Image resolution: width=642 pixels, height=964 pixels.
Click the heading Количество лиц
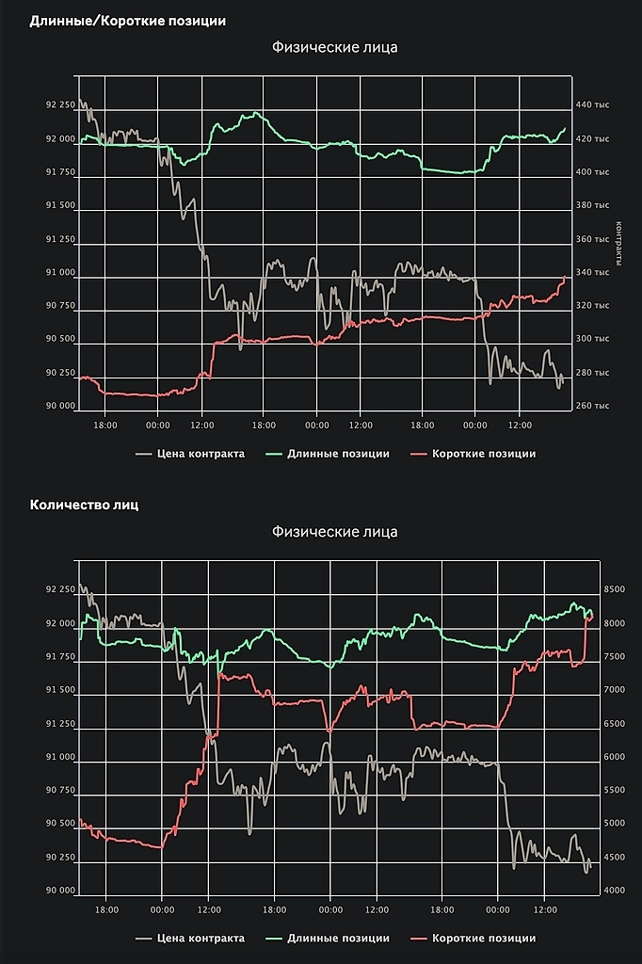(85, 505)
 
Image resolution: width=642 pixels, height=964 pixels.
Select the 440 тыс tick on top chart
(592, 104)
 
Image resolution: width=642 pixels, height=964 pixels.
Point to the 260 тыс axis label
(592, 406)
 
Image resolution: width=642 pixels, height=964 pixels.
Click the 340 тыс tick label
(592, 272)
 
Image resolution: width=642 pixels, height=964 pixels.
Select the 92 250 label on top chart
(59, 104)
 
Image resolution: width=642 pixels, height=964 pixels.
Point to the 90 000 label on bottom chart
(59, 891)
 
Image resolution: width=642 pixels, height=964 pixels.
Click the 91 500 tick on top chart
(59, 205)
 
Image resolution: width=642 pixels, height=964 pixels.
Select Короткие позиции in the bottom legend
(483, 938)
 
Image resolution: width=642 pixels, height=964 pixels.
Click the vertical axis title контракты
(618, 244)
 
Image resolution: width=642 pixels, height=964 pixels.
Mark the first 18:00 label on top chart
(105, 425)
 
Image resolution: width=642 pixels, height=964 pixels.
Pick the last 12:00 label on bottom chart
(545, 909)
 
